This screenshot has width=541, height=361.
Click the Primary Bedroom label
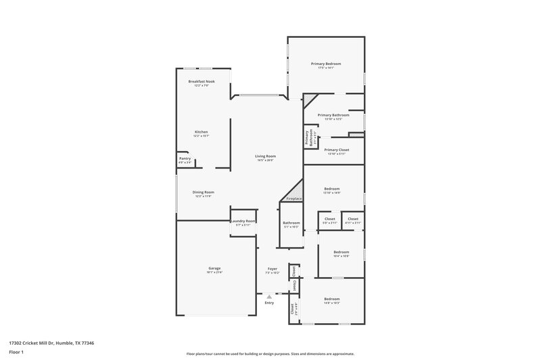coord(326,64)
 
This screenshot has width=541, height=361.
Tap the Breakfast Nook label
coord(202,81)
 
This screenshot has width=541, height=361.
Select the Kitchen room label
coord(202,131)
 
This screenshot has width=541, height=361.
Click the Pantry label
coord(185,158)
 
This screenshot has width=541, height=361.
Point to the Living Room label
coord(265,156)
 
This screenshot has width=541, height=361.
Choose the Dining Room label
coord(204,192)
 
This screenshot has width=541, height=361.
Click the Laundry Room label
coord(243,221)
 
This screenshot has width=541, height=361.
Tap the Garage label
coord(214,268)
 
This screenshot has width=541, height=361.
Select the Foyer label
coord(272,268)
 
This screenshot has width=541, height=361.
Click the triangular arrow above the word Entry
coord(269,296)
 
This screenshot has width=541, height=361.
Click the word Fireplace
coord(294,198)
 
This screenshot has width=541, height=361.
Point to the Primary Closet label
coord(336,150)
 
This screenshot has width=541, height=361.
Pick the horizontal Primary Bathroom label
coord(333,115)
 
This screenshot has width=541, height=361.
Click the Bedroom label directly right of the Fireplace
coord(331,188)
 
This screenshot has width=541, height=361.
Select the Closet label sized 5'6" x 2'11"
coord(330,219)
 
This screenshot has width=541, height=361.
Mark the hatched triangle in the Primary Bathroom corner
coord(308,100)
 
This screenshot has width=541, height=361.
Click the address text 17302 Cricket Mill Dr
coord(31,343)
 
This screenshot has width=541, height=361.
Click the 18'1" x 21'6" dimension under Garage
coord(214,272)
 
